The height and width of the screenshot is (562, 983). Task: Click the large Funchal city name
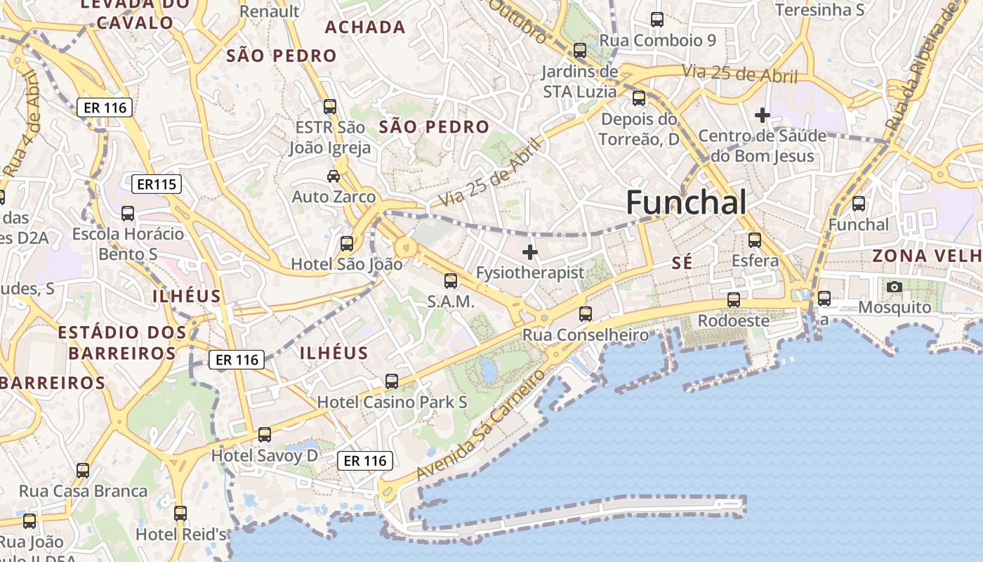(686, 203)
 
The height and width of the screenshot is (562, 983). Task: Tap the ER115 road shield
(157, 185)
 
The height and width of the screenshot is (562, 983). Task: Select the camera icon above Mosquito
(894, 287)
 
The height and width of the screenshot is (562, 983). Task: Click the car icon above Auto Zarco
(334, 176)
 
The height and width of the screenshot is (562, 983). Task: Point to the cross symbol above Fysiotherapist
(530, 251)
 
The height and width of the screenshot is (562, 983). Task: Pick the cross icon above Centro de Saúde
(762, 115)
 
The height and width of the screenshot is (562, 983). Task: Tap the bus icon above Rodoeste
(734, 300)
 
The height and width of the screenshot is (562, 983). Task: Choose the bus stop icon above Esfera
(755, 240)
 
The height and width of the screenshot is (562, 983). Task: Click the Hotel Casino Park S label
(392, 403)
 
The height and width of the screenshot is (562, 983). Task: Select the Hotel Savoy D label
(265, 456)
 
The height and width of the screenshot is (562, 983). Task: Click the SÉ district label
(682, 263)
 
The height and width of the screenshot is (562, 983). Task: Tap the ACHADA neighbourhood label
(365, 27)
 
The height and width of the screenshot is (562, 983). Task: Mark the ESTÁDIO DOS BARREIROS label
(122, 342)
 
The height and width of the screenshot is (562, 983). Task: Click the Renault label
(270, 11)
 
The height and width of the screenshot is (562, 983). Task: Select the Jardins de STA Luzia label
(580, 81)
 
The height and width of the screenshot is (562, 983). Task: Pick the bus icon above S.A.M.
(451, 281)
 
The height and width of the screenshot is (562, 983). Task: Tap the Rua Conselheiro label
(586, 335)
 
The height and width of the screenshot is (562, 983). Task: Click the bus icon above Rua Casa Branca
(83, 471)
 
